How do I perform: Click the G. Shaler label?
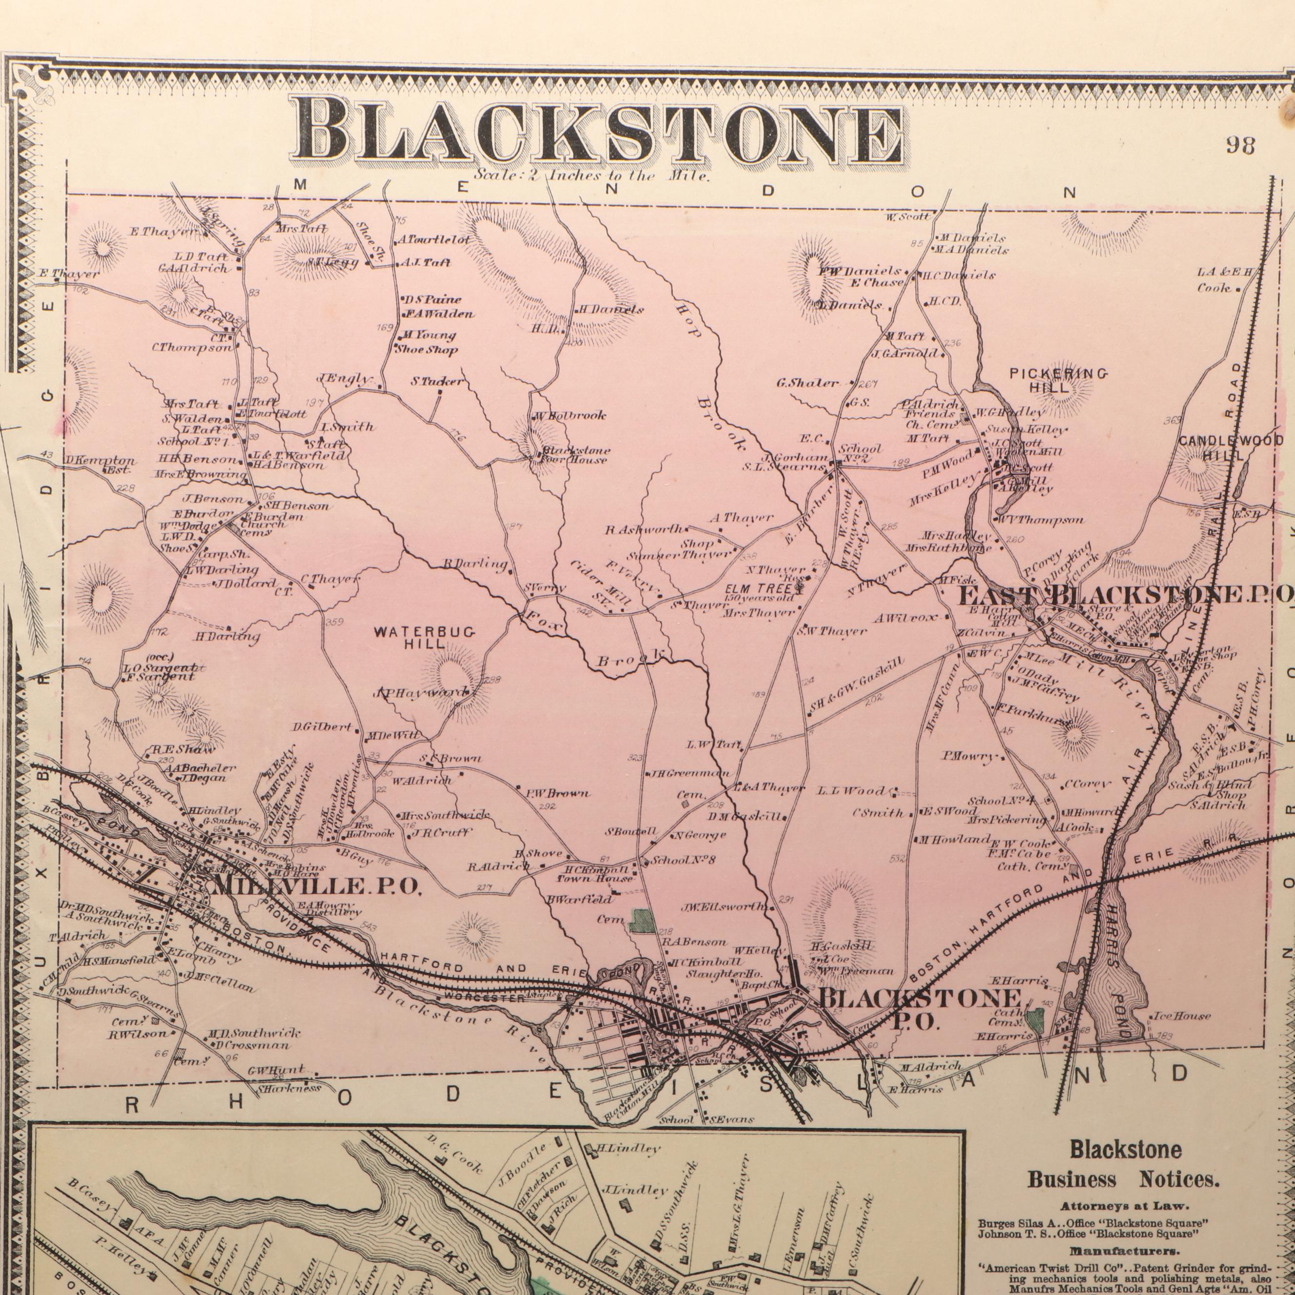tap(807, 383)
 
